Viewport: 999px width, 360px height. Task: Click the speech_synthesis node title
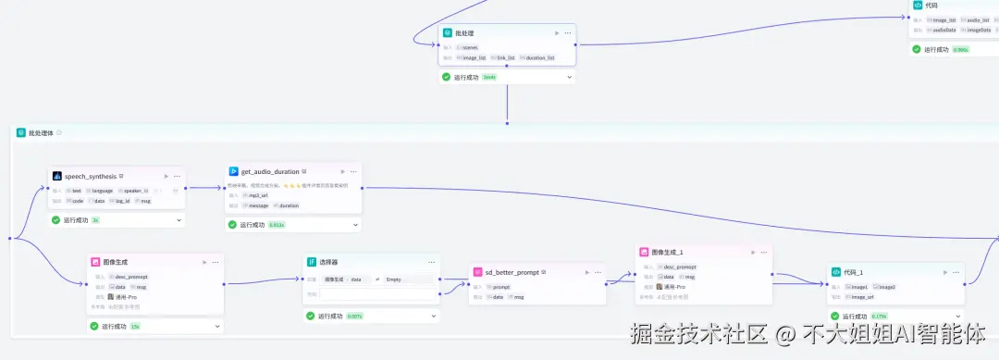click(92, 175)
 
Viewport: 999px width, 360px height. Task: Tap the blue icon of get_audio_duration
click(233, 171)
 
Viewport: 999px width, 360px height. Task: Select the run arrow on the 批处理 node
click(556, 33)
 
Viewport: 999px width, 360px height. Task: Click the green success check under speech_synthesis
click(55, 220)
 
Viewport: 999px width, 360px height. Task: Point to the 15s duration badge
click(135, 326)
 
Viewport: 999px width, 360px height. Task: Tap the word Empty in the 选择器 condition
click(393, 279)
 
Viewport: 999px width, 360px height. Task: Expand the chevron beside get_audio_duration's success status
click(354, 225)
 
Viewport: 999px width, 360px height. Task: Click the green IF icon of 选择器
click(312, 262)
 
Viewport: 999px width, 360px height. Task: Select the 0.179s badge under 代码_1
click(880, 317)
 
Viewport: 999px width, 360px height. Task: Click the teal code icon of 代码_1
click(834, 272)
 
